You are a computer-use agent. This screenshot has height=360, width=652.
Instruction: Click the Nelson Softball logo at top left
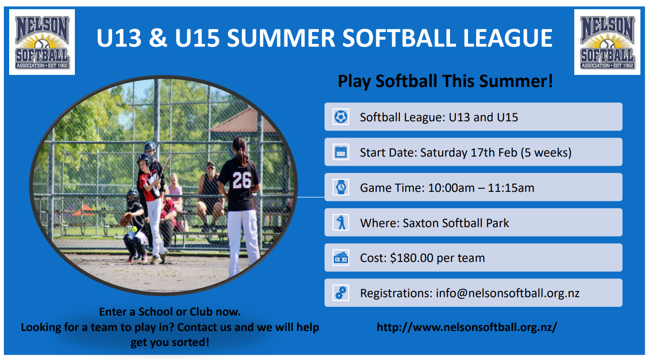click(42, 42)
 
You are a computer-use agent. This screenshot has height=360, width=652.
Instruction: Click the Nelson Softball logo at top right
click(607, 42)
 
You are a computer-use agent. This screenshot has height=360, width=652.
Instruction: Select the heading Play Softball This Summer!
click(445, 81)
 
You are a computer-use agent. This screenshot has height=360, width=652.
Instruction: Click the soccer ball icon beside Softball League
click(341, 117)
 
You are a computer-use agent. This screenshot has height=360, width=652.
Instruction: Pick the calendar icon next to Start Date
click(341, 152)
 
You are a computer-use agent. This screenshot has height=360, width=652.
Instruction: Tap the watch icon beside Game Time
click(341, 187)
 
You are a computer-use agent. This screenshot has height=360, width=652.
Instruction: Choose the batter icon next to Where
click(341, 223)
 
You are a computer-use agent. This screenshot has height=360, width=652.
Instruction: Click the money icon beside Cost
click(341, 258)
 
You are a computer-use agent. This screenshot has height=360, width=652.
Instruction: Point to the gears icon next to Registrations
click(341, 293)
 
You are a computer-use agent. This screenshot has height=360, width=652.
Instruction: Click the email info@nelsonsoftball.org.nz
click(508, 293)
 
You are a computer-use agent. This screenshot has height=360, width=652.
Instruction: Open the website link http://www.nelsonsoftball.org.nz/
click(467, 327)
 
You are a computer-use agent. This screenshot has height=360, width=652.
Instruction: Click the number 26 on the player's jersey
click(241, 181)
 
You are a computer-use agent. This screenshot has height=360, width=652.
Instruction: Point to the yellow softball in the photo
click(135, 229)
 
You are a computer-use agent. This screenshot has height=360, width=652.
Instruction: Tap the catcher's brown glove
click(126, 220)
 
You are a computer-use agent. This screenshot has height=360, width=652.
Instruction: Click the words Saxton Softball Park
click(456, 223)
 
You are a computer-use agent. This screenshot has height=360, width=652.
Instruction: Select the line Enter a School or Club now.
click(170, 312)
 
